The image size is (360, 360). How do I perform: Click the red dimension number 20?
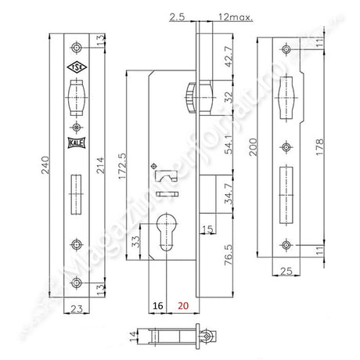click(x=183, y=307)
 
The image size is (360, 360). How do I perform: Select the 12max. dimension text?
click(x=236, y=16)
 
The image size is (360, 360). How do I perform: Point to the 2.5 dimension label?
click(x=177, y=16)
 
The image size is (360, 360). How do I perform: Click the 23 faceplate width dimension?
click(x=76, y=308)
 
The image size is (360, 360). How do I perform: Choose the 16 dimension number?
click(x=158, y=307)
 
